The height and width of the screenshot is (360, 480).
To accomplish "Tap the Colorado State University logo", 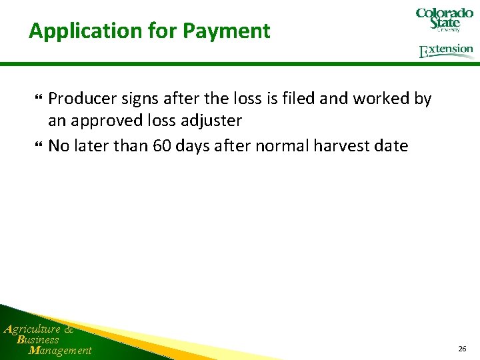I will point(444,19).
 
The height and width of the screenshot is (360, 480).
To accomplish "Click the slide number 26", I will point(462,349).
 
